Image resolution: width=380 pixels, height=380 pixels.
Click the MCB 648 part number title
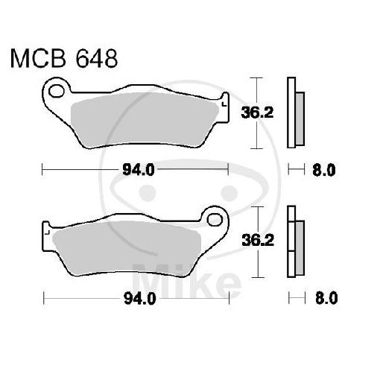pyautogui.click(x=63, y=57)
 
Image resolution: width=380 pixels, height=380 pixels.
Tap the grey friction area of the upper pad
pyautogui.click(x=145, y=119)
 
